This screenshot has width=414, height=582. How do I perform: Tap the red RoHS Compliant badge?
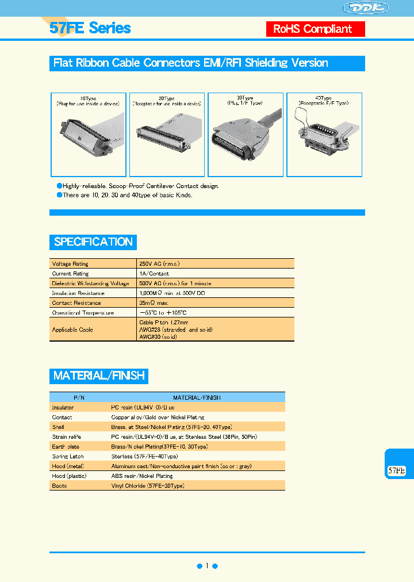(x=316, y=29)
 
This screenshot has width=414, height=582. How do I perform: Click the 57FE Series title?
(x=90, y=28)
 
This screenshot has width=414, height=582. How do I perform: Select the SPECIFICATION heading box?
(x=93, y=242)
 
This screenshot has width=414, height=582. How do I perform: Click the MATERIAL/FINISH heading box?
(x=99, y=376)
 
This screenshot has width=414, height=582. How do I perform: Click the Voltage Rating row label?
(x=70, y=264)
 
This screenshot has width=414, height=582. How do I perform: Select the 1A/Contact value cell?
(x=154, y=274)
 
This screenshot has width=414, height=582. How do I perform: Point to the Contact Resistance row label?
(x=76, y=303)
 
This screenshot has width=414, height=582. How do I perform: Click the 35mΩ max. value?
(x=154, y=303)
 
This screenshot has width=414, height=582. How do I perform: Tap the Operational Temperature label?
(x=83, y=313)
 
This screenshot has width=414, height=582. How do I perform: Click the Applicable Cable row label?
(x=72, y=330)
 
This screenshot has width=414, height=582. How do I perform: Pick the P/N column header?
(x=79, y=397)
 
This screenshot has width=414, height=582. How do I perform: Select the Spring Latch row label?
(x=68, y=456)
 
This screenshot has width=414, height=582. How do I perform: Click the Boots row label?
(x=59, y=486)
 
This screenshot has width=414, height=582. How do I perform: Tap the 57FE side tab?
(x=397, y=470)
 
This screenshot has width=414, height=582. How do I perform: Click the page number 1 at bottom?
(x=207, y=566)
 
